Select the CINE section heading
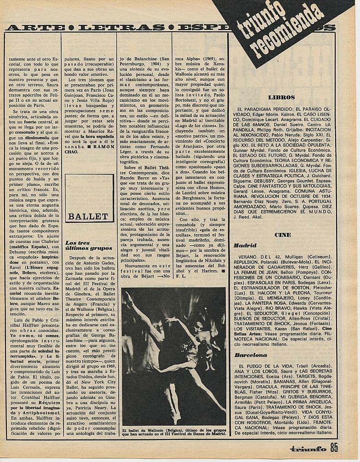[x=282, y=235]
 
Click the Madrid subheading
[x=245, y=246]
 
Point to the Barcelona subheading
[x=251, y=355]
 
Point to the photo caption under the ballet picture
[x=174, y=432]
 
